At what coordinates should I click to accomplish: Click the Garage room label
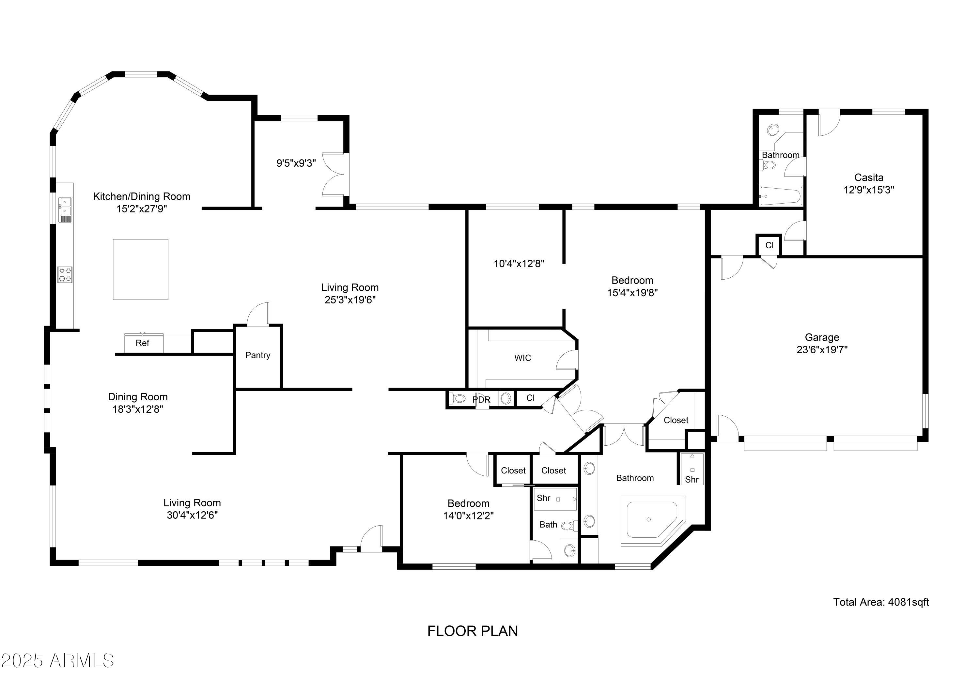click(x=822, y=337)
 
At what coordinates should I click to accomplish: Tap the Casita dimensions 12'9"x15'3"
click(x=869, y=190)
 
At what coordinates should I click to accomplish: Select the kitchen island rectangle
click(x=140, y=269)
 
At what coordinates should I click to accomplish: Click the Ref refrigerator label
click(x=142, y=343)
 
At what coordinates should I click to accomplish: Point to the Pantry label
click(x=257, y=355)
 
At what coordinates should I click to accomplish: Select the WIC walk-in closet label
click(x=522, y=358)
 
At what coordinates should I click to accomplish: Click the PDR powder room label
click(x=481, y=400)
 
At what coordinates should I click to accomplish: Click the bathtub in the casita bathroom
click(x=780, y=196)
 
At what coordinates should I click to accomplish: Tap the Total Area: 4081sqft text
click(x=881, y=602)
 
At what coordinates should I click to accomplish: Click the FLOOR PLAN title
click(x=473, y=631)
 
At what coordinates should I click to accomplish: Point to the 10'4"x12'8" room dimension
click(x=519, y=264)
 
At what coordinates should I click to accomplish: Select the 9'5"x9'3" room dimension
click(x=296, y=163)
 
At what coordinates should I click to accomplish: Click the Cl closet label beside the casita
click(x=769, y=245)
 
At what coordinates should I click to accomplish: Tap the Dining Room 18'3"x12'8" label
click(x=137, y=403)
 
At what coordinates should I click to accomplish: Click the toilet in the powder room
click(x=459, y=399)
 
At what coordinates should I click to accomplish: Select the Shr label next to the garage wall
click(x=691, y=479)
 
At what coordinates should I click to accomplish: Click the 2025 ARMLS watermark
click(x=57, y=660)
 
